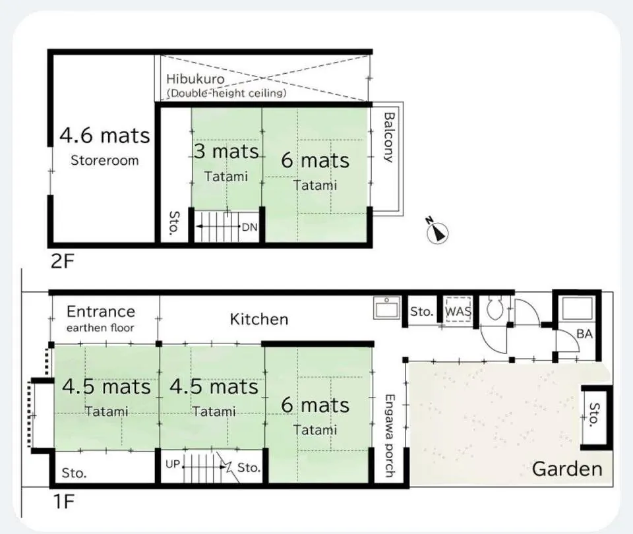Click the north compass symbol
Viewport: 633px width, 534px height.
(x=437, y=231)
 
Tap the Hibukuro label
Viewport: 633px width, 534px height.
(x=195, y=78)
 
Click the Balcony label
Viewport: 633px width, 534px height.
(x=389, y=137)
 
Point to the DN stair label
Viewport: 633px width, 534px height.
(x=249, y=227)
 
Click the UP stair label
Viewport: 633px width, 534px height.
(x=172, y=464)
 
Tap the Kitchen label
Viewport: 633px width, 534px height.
(x=258, y=319)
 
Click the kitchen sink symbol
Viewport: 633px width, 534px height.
(x=387, y=307)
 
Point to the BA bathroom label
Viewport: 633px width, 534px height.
(x=584, y=334)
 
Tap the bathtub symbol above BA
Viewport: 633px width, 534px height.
(x=578, y=309)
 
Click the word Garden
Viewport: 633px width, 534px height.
(x=567, y=469)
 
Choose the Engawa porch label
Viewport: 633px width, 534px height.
(x=390, y=436)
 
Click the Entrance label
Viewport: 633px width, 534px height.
(x=100, y=311)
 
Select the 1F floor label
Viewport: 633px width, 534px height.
(x=63, y=502)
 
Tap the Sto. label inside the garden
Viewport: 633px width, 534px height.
(x=594, y=415)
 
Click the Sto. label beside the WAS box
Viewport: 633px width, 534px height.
(x=421, y=312)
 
